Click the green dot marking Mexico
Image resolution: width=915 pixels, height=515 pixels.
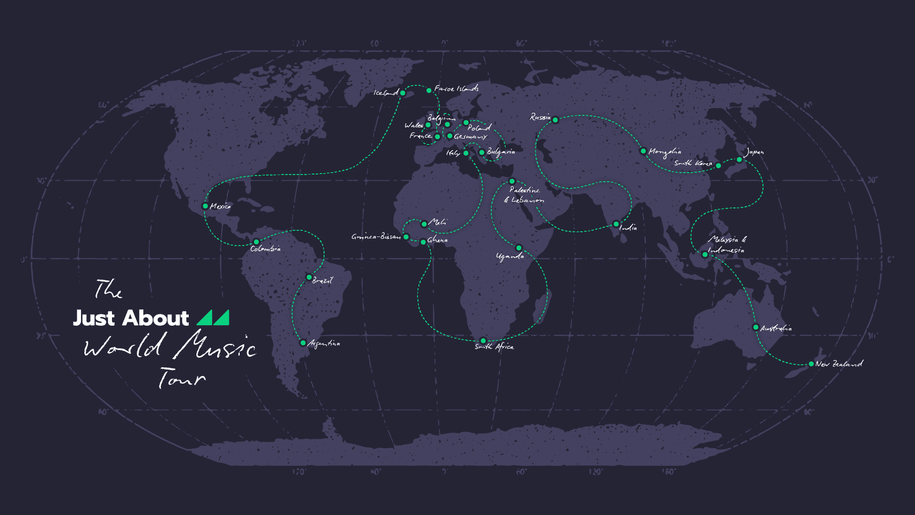coord(205,206)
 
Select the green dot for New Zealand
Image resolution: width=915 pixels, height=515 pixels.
coord(811,364)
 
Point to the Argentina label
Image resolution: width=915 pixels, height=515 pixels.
coord(324,343)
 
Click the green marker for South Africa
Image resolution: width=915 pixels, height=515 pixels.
coord(483,340)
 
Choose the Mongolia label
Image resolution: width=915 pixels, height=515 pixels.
coord(665,152)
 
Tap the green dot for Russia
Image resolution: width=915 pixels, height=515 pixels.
coord(555,120)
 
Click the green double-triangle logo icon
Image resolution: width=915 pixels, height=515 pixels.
coord(213,318)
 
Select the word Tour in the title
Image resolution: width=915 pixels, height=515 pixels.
coord(181,378)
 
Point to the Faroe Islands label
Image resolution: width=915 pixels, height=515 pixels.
coord(456,89)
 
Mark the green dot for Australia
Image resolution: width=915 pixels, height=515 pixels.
coord(755,327)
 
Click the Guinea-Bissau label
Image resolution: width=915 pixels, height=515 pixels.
coord(376,237)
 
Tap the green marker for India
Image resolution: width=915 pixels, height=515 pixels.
coord(616,224)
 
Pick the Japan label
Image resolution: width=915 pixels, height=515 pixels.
coord(754,152)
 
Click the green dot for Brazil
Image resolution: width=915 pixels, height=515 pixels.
coord(309,277)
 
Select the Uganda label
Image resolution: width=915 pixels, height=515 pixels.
coord(510,257)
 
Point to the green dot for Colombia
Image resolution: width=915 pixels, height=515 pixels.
coord(256,242)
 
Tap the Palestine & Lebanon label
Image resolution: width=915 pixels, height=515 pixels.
coord(524,195)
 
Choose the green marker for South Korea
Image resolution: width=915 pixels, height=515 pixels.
coord(719,165)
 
